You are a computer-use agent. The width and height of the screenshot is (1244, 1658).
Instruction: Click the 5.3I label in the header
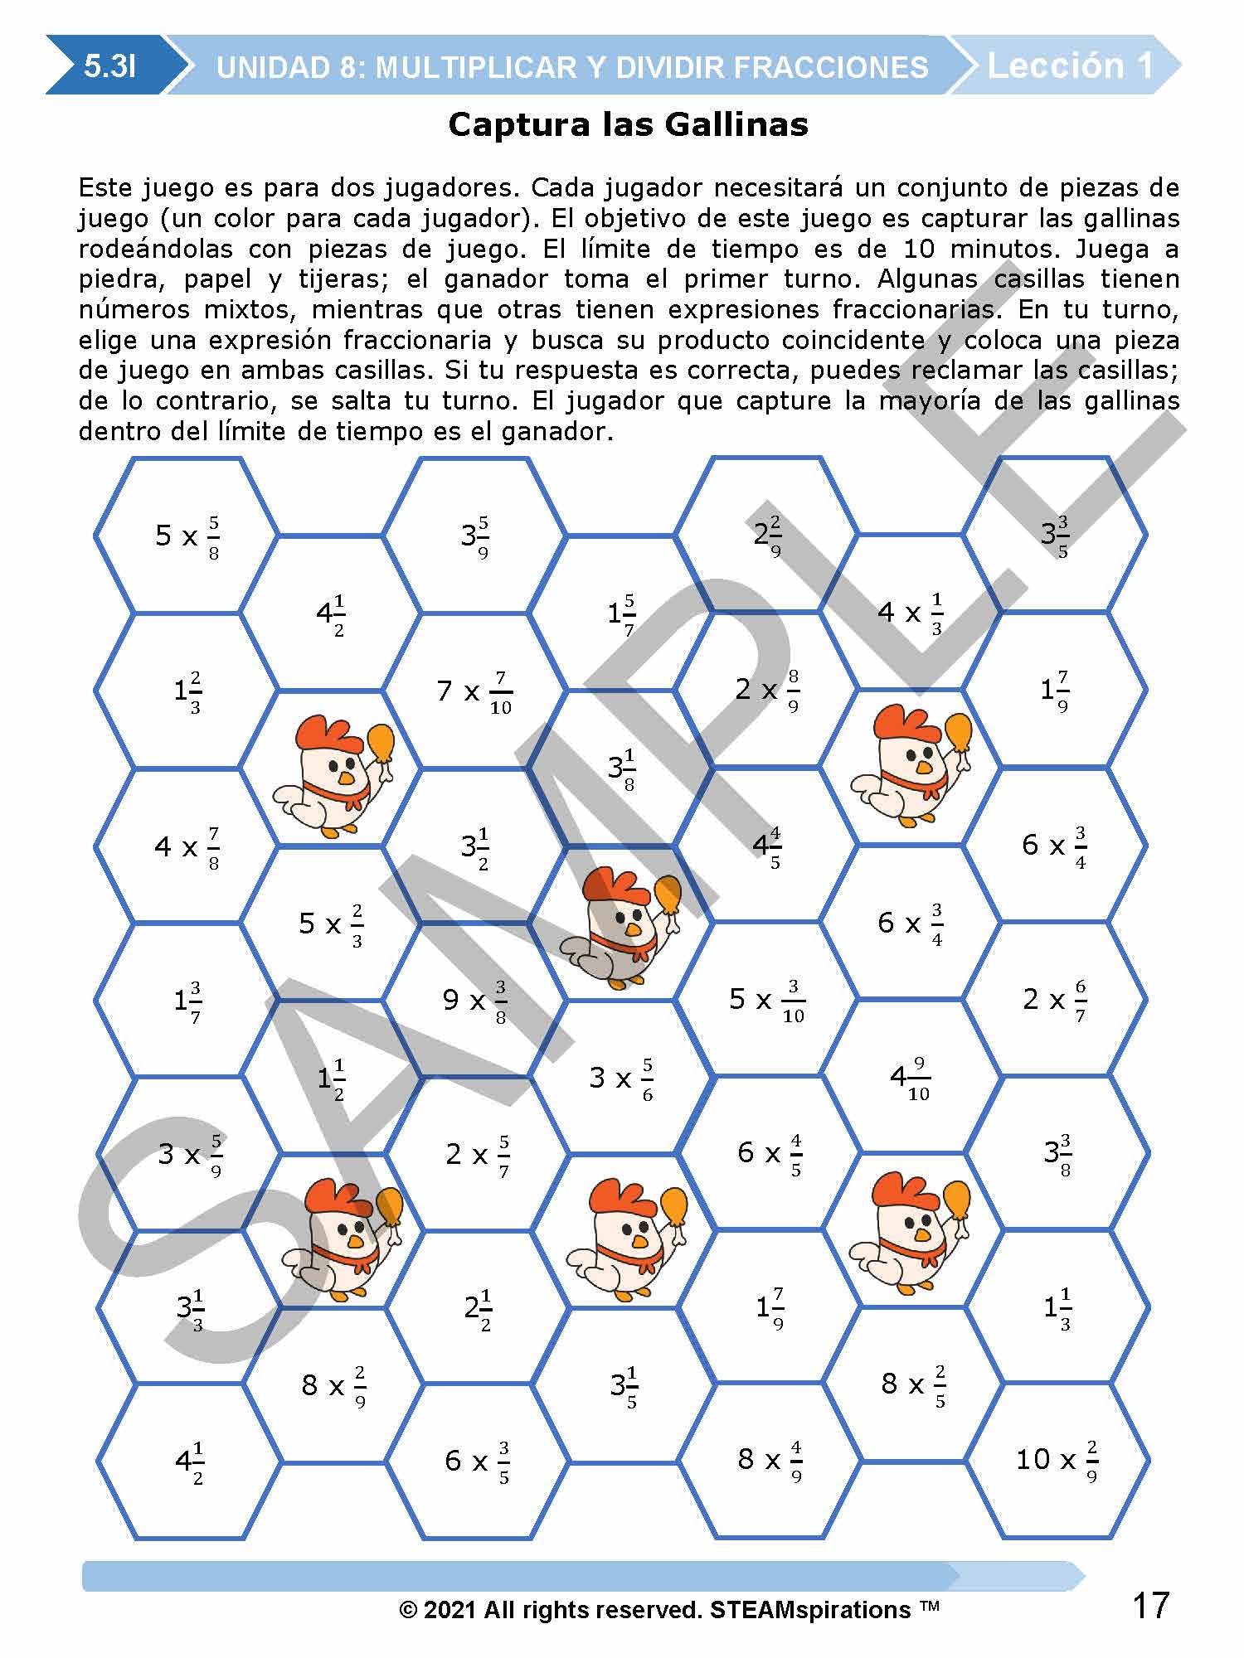pos(109,66)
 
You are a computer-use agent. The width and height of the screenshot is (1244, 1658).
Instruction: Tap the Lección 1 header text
pos(1070,65)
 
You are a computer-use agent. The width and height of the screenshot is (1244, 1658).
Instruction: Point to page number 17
pos(1151,1606)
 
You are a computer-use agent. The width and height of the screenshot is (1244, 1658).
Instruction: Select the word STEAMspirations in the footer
pos(810,1610)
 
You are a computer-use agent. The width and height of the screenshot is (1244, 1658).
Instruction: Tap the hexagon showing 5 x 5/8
pos(187,536)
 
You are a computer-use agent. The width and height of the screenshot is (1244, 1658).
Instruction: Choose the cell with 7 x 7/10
pos(474,691)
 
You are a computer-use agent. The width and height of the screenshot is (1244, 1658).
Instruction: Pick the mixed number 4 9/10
pos(910,1077)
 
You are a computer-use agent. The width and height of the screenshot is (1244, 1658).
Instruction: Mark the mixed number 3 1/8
pos(621,768)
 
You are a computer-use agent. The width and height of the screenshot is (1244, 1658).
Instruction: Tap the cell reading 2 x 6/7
pos(1054,1000)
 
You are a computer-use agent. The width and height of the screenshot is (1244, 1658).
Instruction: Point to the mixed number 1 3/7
pos(187,1001)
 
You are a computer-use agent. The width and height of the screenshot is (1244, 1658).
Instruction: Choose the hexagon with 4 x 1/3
pos(910,613)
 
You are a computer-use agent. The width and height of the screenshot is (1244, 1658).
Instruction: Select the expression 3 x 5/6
pos(621,1078)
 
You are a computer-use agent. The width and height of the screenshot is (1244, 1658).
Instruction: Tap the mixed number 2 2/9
pos(767,536)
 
